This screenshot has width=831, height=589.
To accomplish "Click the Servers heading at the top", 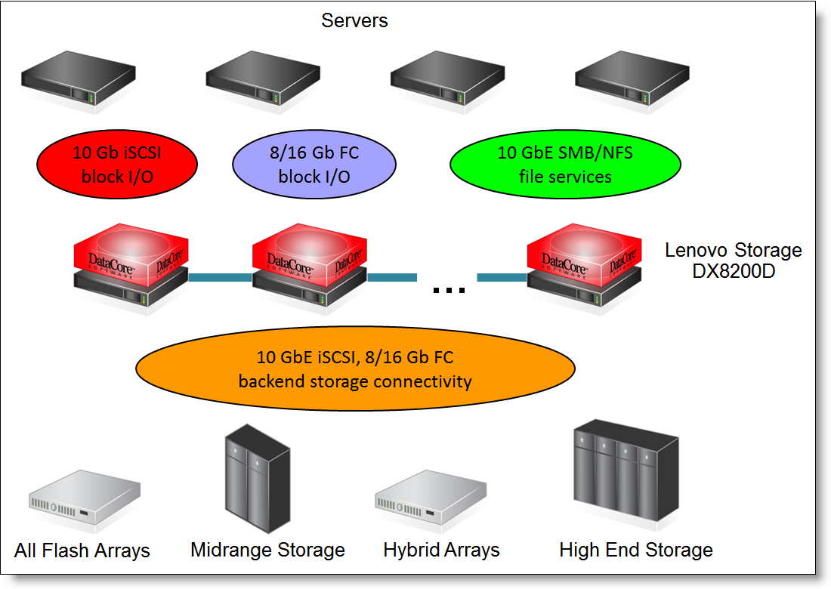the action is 354,20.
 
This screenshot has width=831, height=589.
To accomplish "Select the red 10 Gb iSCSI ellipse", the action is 117,164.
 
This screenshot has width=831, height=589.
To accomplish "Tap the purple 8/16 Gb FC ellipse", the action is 314,164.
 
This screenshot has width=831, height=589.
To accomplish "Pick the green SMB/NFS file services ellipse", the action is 565,164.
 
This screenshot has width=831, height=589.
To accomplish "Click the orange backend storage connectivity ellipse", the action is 355,369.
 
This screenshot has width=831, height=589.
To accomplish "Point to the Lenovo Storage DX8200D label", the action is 734,260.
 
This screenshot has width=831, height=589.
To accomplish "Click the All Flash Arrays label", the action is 82,550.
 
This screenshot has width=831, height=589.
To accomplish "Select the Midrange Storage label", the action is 267,550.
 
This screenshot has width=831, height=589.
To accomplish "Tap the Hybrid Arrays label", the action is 441,550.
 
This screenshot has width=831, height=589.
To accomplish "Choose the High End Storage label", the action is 636,550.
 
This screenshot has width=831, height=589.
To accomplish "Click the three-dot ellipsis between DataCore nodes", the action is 449,290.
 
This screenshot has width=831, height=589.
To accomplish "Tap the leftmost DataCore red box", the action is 131,254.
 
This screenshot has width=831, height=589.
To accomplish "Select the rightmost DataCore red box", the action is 584,254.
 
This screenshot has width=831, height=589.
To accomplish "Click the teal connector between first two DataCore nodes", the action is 220,277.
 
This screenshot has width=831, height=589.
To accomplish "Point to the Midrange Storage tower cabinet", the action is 258,478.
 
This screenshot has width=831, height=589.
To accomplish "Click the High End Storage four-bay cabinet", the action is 626,470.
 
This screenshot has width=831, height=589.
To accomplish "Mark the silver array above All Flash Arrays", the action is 85,497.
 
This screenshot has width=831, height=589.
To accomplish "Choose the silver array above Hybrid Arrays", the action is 431,497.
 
